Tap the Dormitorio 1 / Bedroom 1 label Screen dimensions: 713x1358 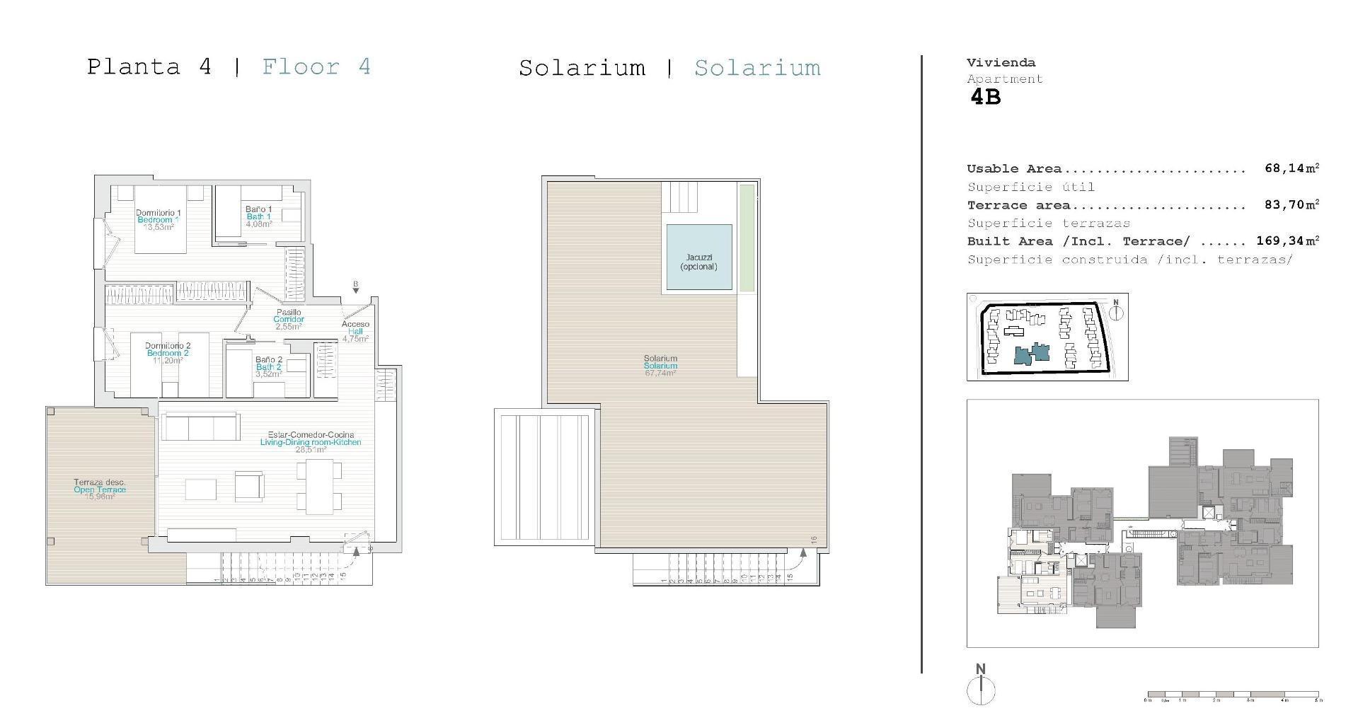coord(159,219)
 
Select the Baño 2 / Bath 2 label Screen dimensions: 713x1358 coord(269,366)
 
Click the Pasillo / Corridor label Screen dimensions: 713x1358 coord(289,319)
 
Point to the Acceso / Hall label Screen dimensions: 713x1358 coord(355,331)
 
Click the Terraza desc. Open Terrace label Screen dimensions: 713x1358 coord(100,489)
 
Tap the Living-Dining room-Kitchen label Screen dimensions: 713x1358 coord(311,442)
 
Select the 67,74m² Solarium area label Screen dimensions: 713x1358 coord(660,366)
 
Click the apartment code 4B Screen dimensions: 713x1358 coord(985,97)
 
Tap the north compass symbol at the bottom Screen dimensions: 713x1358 coord(981,689)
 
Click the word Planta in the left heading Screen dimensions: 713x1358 coord(133,67)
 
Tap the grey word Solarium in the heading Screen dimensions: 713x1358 coord(757,68)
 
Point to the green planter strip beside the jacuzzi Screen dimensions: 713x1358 coord(747,238)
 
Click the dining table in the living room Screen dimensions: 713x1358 coord(319,487)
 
